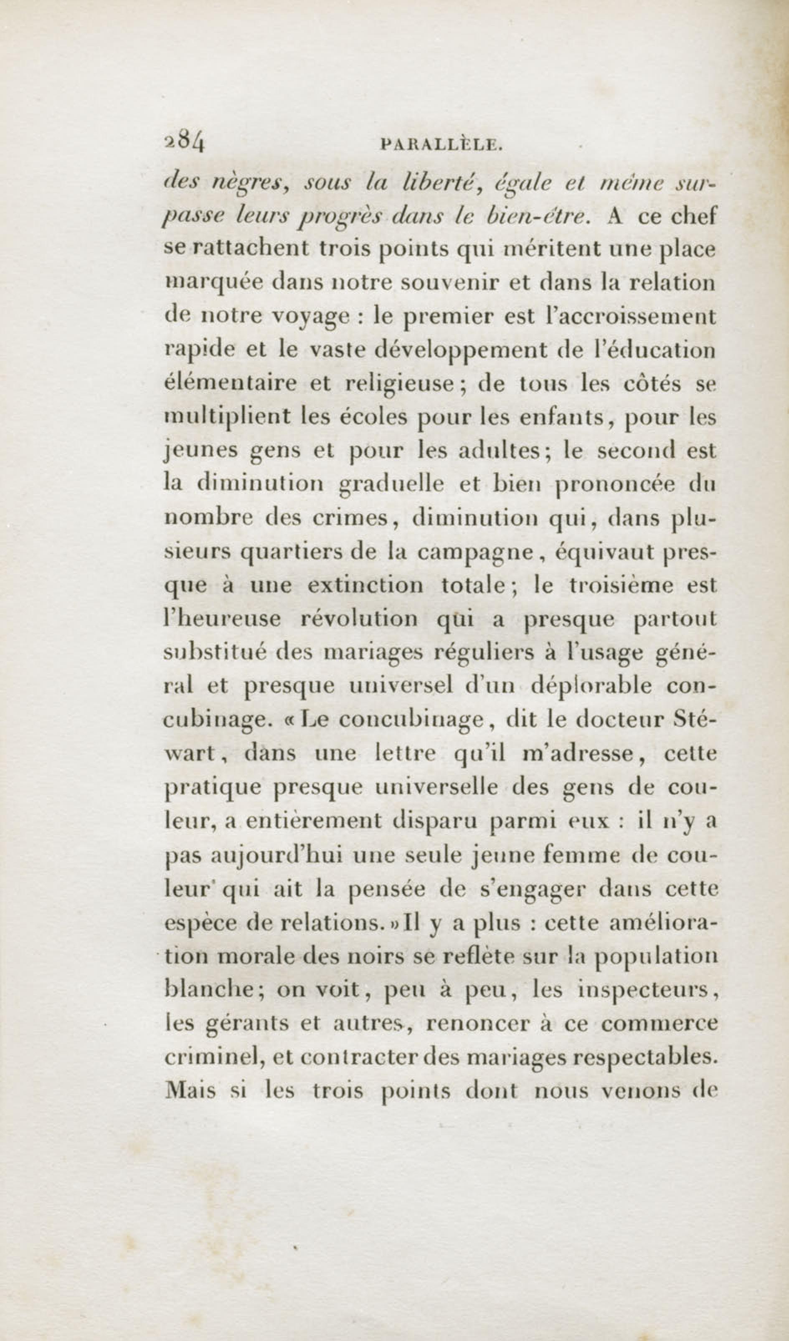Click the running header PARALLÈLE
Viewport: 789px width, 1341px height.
442,144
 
